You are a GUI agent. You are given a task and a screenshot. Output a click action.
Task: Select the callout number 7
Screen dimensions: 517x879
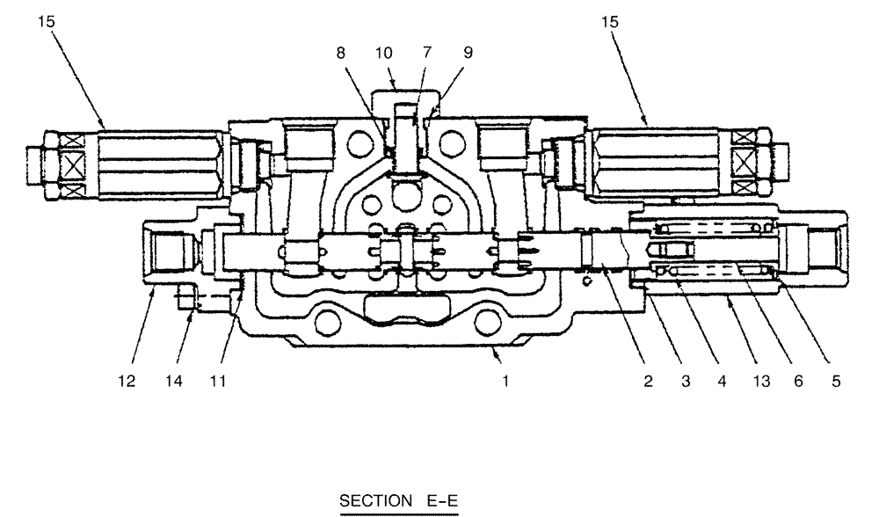coord(426,52)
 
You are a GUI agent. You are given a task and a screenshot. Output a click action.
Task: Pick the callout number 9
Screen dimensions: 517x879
coord(468,52)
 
